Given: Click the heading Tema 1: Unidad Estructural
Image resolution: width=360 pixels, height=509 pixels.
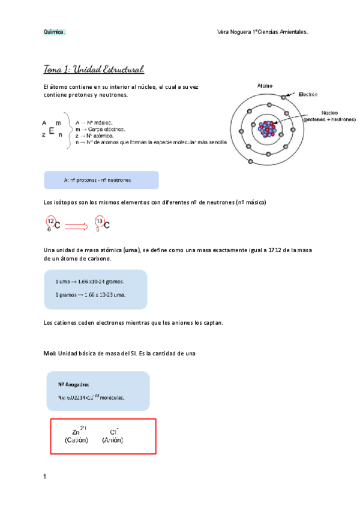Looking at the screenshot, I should (94, 68).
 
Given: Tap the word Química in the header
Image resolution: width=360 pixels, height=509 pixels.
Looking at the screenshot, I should (54, 32).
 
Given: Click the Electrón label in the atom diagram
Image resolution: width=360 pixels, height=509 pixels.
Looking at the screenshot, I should (306, 94).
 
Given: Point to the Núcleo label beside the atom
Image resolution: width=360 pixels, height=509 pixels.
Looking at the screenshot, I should (329, 112).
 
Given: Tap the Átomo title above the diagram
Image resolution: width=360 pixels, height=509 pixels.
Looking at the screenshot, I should (265, 86).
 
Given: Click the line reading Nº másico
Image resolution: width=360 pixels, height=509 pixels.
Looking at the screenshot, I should (99, 122).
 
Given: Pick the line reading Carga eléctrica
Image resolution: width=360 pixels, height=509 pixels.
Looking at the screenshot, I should (104, 129).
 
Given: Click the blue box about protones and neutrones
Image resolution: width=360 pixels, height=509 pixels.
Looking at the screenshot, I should (101, 180).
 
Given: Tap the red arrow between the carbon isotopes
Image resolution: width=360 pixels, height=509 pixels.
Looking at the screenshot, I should (76, 226).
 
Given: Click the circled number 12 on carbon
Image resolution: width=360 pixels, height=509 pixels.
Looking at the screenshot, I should (51, 222).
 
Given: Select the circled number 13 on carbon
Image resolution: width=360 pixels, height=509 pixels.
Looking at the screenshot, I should (100, 222).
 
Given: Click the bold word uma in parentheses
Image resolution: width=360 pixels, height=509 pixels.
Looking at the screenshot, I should (130, 250).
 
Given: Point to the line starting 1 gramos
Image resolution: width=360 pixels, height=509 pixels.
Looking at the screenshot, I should (90, 295).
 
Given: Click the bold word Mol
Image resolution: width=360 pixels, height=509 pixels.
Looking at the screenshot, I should (50, 354).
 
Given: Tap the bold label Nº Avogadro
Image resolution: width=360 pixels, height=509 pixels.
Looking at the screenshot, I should (74, 385).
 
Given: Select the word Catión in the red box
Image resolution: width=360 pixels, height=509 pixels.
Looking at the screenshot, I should (76, 440).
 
